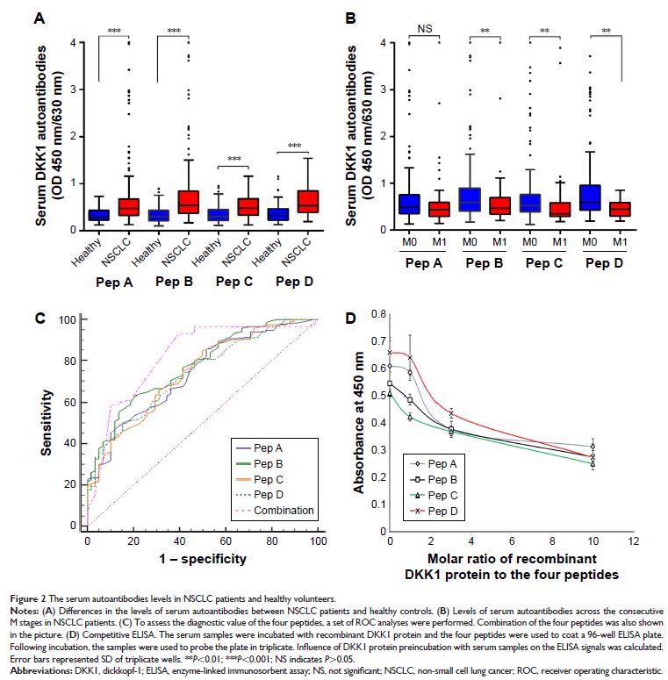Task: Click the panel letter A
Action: [40, 17]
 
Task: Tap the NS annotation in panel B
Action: [425, 28]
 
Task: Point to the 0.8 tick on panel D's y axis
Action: [378, 311]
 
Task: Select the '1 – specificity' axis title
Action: [202, 556]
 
